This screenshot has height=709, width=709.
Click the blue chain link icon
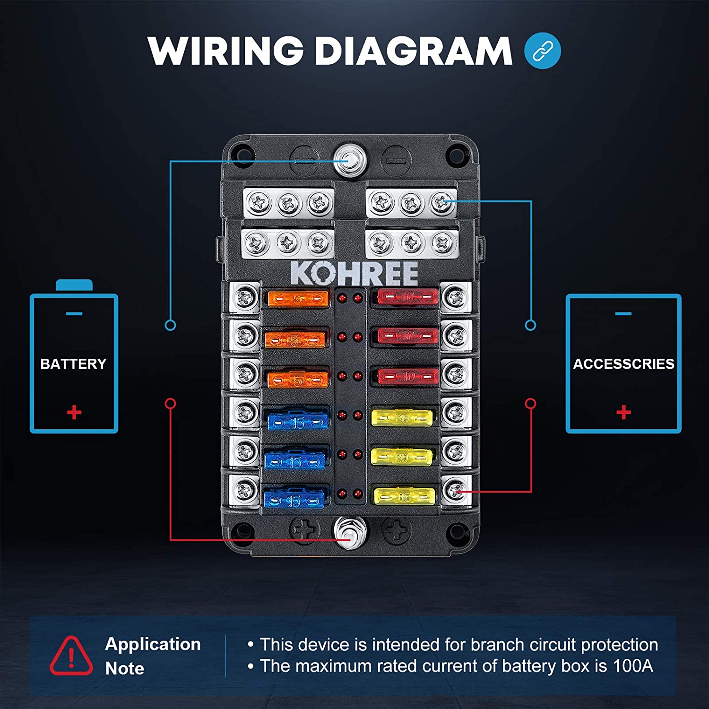pyautogui.click(x=543, y=51)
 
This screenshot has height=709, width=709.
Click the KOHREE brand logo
pyautogui.click(x=354, y=273)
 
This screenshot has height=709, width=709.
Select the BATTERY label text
pyautogui.click(x=73, y=364)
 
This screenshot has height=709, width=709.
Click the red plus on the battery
pyautogui.click(x=74, y=412)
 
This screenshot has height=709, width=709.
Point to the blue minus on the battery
pyautogui.click(x=74, y=313)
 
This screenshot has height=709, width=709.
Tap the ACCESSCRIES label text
pyautogui.click(x=623, y=364)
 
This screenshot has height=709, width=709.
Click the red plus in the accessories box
pyautogui.click(x=623, y=412)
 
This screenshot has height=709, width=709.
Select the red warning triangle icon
pyautogui.click(x=71, y=656)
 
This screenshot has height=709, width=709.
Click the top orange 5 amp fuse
pyautogui.click(x=298, y=299)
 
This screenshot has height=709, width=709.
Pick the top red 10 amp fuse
pyautogui.click(x=408, y=297)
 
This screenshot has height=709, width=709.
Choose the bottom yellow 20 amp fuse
pyautogui.click(x=404, y=496)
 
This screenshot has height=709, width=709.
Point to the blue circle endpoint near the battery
pyautogui.click(x=170, y=325)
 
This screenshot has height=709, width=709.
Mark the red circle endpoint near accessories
pyautogui.click(x=531, y=404)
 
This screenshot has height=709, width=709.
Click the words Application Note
pyautogui.click(x=152, y=656)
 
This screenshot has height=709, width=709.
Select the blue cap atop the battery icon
pyautogui.click(x=74, y=285)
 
